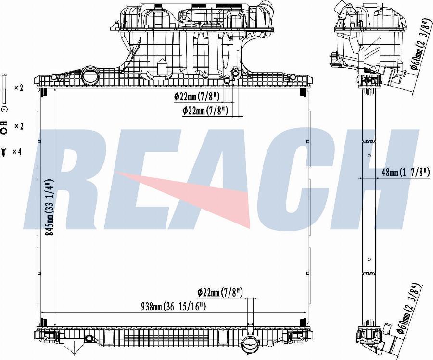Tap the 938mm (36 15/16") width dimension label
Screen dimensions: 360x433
click(x=174, y=306)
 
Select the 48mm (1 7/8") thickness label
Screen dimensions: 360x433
click(x=406, y=173)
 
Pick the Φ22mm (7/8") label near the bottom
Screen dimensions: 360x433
click(x=220, y=292)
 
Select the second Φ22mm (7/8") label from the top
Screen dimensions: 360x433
click(x=205, y=111)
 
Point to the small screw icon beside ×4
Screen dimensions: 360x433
click(x=4, y=151)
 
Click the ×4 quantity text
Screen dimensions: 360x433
click(x=17, y=152)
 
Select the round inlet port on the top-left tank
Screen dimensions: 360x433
click(x=89, y=75)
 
